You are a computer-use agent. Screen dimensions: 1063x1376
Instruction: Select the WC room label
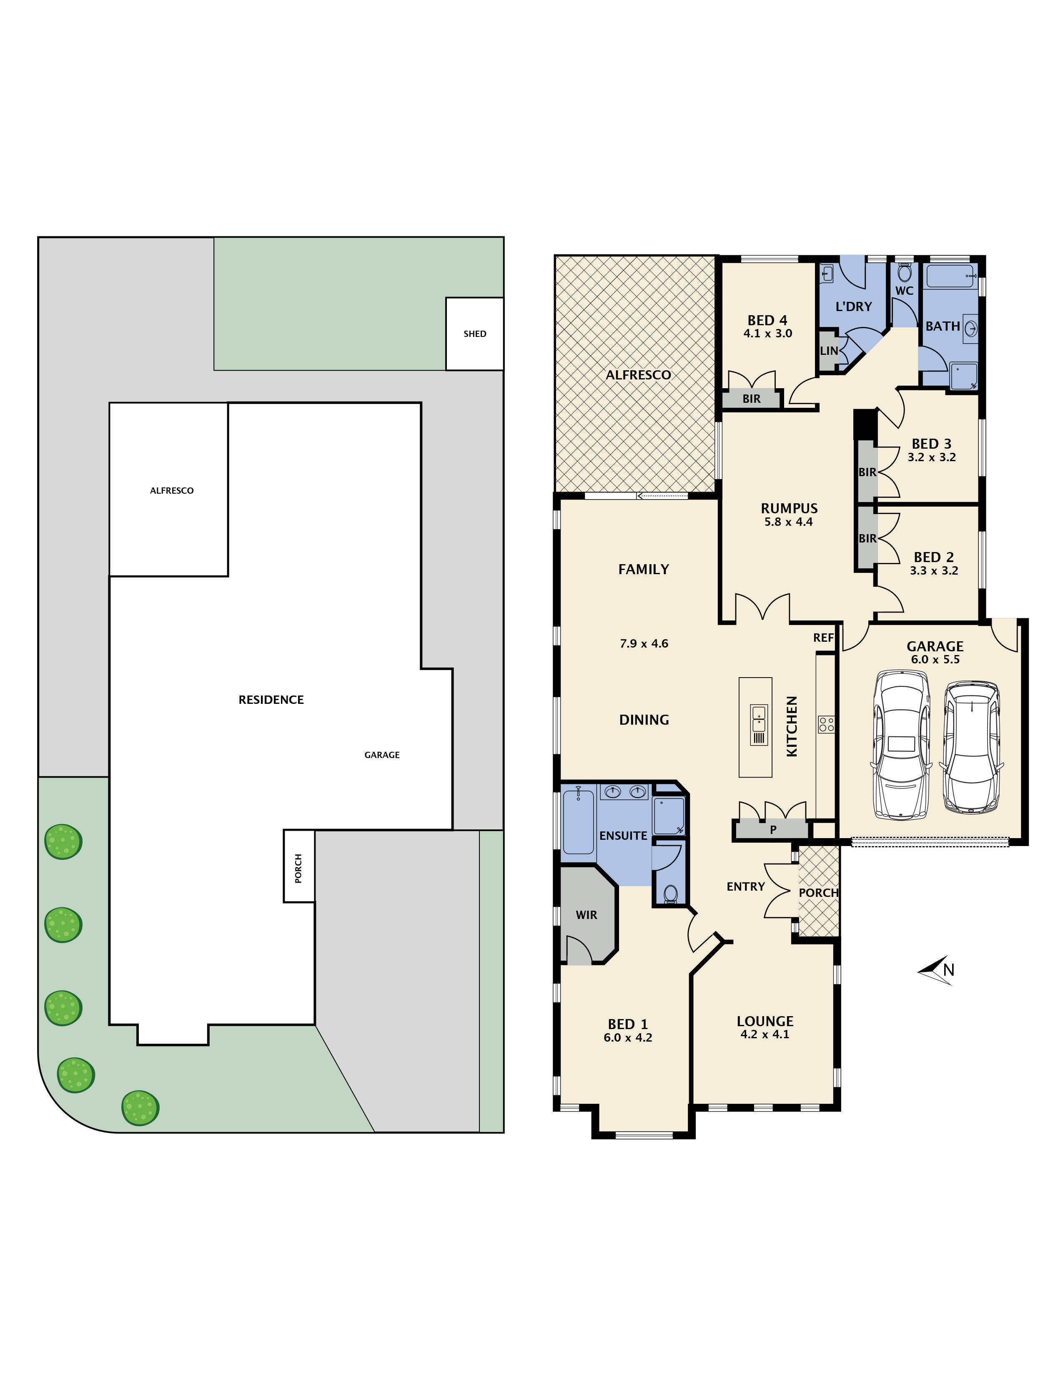tap(904, 291)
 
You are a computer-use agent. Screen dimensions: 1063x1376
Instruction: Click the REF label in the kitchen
tap(823, 638)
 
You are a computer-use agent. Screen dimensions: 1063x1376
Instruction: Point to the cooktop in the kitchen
tap(826, 725)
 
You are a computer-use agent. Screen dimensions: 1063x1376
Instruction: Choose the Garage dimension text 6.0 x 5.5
tap(935, 660)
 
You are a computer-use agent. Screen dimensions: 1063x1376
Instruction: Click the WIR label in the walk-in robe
tap(586, 915)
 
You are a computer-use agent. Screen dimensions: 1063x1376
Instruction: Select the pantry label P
tap(773, 830)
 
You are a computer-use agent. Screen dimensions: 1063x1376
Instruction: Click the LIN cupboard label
tap(829, 351)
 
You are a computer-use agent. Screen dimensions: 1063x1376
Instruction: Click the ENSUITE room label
tap(623, 836)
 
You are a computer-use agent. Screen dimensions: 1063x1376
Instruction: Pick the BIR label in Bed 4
tap(751, 399)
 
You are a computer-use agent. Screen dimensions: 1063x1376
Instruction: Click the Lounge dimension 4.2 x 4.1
tap(765, 1034)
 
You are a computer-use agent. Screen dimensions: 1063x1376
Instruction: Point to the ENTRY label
tap(746, 886)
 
